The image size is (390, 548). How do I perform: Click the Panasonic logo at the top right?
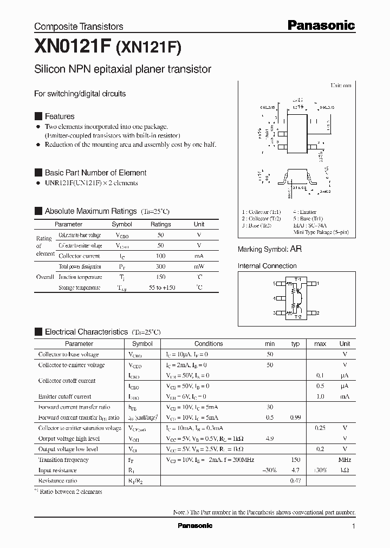[x=321, y=25]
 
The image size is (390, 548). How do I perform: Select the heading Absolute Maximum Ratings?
[x=90, y=211]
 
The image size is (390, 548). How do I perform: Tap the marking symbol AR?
[x=296, y=249]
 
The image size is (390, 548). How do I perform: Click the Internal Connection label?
[x=267, y=266]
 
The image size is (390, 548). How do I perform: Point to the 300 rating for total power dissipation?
[x=160, y=267]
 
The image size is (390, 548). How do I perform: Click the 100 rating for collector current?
[x=160, y=256]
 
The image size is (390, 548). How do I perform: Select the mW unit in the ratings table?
[x=199, y=267]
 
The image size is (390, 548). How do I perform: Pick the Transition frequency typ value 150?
[x=295, y=460]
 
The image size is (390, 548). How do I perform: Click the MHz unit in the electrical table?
[x=344, y=460]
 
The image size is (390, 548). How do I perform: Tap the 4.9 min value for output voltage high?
[x=270, y=439]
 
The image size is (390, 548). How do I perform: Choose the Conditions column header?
[x=209, y=344]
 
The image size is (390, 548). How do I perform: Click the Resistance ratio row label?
[x=57, y=481]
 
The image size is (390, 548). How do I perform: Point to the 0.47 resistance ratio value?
[x=295, y=481]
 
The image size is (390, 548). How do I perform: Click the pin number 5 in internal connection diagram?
[x=275, y=284]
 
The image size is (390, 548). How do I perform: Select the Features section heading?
[x=60, y=116]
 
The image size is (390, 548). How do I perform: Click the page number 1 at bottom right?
[x=353, y=526]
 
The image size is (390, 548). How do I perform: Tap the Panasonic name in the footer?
[x=195, y=526]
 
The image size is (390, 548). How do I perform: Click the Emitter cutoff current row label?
[x=64, y=397]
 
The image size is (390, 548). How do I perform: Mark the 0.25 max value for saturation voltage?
[x=320, y=428]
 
